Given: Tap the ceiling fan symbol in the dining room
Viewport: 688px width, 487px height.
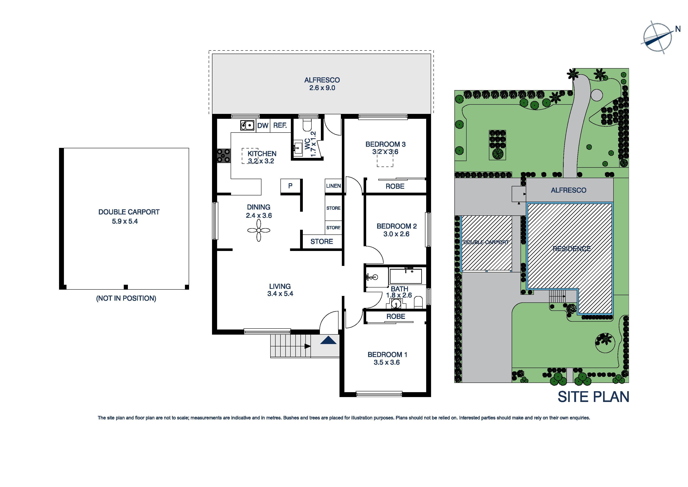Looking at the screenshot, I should click(x=259, y=231).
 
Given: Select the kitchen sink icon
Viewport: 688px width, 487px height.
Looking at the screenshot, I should click(x=247, y=125).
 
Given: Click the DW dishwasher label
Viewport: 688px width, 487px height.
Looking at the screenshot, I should click(x=263, y=125).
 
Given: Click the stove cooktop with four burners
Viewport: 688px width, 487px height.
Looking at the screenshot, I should click(x=224, y=156).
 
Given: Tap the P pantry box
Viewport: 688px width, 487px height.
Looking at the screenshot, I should click(x=290, y=186).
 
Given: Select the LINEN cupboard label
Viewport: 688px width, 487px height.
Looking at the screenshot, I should click(x=333, y=186).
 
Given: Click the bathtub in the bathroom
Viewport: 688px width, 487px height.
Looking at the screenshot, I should click(x=405, y=276).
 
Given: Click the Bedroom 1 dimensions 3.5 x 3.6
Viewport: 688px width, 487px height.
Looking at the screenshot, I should click(x=387, y=363).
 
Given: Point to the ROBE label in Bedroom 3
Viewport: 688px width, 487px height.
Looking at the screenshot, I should click(x=395, y=186).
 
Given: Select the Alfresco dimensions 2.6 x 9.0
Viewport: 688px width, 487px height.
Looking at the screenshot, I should click(x=322, y=88).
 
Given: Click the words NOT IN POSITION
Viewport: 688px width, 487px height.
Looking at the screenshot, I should click(x=126, y=298).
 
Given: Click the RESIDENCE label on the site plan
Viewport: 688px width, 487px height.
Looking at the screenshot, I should click(x=572, y=249).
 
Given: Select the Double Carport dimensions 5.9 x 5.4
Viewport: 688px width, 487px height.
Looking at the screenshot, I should click(x=125, y=222).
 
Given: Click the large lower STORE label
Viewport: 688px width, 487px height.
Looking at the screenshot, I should click(x=321, y=242).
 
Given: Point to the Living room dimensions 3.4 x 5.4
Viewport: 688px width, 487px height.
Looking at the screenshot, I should click(x=280, y=294).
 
